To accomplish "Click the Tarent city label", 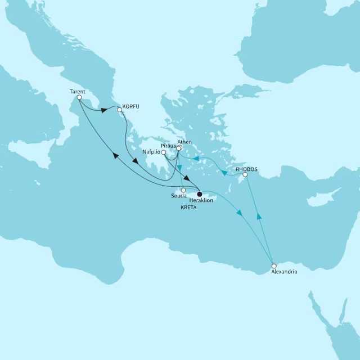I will click(77, 90).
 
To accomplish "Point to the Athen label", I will click(184, 142).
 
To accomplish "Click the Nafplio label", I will click(151, 152).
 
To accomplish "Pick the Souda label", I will click(178, 196).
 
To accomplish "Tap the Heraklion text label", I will click(201, 201).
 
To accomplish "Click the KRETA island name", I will click(188, 209).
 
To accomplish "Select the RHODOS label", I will click(247, 168).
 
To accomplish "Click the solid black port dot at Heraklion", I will click(200, 194).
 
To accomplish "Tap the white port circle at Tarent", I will click(79, 97).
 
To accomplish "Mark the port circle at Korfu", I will click(119, 110).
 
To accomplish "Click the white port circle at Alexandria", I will click(274, 265).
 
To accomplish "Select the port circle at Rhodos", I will click(244, 175).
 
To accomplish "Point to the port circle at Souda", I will click(183, 190).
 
